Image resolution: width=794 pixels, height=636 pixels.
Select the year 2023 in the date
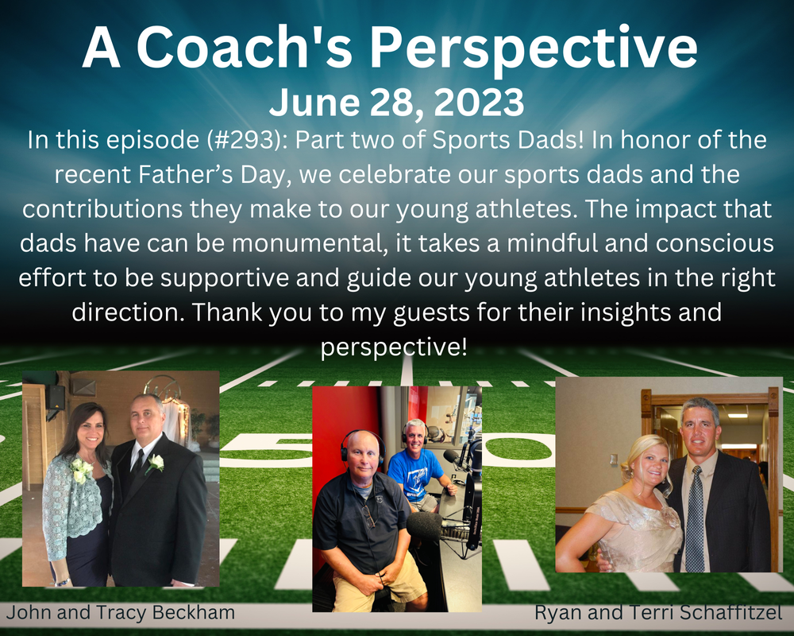479,103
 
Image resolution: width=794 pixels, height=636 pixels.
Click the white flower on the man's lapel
155,463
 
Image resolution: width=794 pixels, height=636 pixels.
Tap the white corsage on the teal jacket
81,471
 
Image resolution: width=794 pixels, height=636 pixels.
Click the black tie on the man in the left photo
137,462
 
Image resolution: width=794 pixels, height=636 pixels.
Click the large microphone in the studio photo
424,526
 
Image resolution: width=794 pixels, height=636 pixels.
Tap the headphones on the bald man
361,444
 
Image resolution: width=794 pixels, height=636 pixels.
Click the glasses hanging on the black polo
369,515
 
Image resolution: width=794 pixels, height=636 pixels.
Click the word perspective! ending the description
394,347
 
